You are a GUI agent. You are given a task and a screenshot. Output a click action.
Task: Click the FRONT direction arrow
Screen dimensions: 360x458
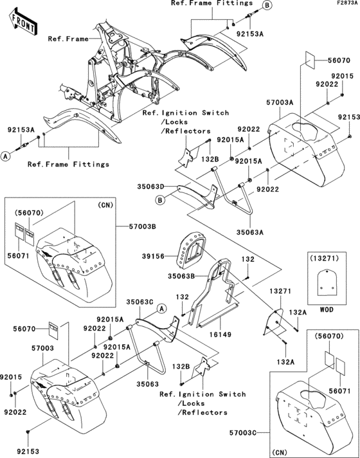point(23,22)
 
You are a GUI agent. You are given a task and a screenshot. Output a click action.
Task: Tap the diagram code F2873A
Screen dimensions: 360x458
point(347,3)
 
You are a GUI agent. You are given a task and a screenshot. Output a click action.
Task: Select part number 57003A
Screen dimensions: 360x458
point(280,102)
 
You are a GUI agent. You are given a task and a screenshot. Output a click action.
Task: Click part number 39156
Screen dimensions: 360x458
point(153,256)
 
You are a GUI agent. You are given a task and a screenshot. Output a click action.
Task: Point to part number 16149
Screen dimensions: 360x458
point(220,334)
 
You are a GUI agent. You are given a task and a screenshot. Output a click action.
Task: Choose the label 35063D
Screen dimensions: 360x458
point(150,187)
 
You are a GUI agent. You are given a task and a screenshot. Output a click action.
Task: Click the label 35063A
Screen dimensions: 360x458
point(250,232)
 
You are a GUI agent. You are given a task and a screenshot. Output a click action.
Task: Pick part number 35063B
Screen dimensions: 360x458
point(181,276)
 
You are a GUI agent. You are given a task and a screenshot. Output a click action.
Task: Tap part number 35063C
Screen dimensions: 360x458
point(139,302)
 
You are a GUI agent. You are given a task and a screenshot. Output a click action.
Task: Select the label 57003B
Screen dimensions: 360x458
point(142,226)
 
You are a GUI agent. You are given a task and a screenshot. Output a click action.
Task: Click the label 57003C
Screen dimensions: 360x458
point(242,432)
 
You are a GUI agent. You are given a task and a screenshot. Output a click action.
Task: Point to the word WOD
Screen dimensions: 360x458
point(326,309)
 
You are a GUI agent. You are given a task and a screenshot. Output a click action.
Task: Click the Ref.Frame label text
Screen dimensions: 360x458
point(68,39)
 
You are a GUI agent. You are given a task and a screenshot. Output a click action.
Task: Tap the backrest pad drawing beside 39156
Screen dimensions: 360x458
point(191,250)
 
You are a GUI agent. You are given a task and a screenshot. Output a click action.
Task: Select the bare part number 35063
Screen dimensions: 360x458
point(148,384)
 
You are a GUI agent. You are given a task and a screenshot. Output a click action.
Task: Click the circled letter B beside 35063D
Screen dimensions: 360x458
point(159,201)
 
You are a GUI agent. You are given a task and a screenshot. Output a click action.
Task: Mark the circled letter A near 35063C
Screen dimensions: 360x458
point(161,308)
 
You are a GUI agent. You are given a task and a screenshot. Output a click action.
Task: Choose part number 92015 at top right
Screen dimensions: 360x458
point(342,76)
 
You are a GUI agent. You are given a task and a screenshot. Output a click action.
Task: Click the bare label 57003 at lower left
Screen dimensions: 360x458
point(42,348)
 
